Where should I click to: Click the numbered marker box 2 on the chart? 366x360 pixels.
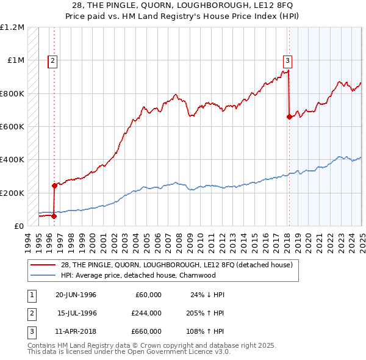(x=53, y=60)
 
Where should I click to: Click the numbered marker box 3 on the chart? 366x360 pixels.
(x=287, y=60)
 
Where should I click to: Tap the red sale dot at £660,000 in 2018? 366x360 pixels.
(x=289, y=117)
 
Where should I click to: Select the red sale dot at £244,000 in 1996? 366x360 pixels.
(x=54, y=185)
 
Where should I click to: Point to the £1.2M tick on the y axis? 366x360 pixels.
(x=13, y=27)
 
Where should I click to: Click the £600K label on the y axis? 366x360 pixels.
(x=12, y=127)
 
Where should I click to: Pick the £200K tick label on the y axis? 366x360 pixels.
(x=12, y=193)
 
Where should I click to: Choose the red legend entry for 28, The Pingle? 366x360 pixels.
(x=176, y=265)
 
